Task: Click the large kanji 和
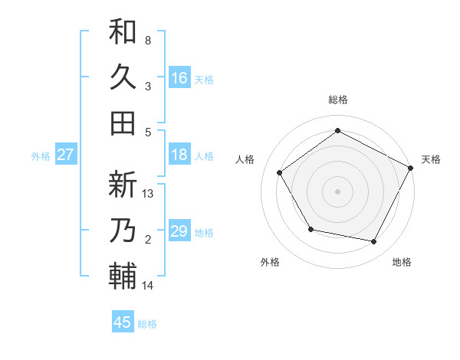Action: [x=123, y=31]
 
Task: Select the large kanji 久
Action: [x=123, y=77]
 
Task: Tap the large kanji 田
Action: [x=123, y=123]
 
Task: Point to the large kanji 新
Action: [x=123, y=185]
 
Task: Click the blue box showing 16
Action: [x=179, y=77]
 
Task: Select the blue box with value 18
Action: [x=179, y=155]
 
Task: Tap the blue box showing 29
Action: [x=179, y=231]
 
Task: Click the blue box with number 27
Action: [x=65, y=155]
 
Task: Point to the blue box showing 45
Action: [x=123, y=322]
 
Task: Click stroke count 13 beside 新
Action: [x=149, y=194]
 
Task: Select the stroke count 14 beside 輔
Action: [x=148, y=286]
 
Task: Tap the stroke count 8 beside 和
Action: [x=148, y=40]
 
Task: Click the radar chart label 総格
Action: [x=338, y=100]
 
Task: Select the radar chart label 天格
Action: [x=431, y=159]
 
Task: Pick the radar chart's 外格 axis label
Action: [x=270, y=262]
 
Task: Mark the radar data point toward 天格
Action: [x=410, y=168]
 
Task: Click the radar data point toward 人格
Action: [x=280, y=172]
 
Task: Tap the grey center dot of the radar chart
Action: [x=338, y=191]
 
